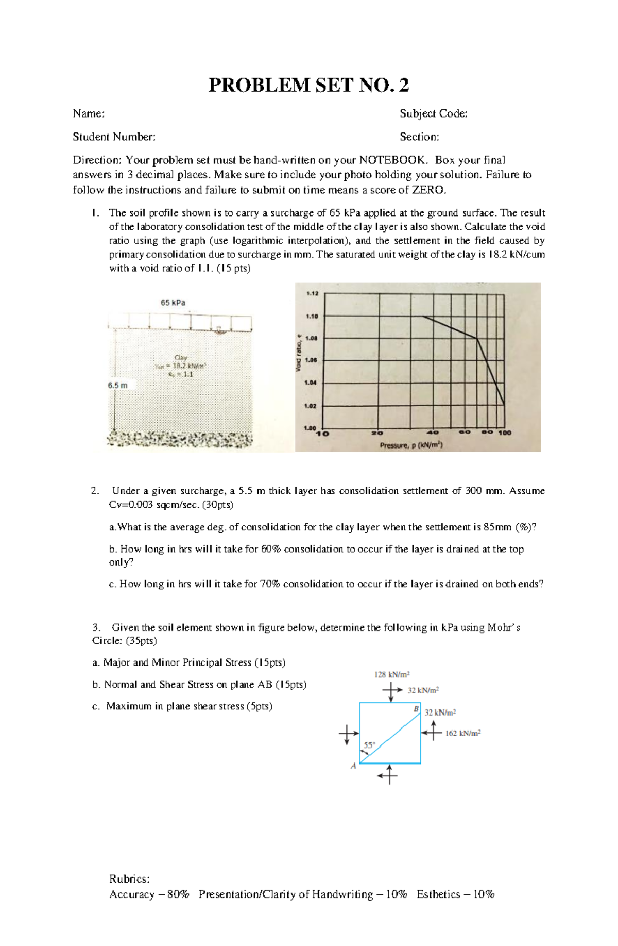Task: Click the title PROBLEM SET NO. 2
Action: point(308,85)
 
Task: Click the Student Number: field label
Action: point(114,137)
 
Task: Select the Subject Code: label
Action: point(434,113)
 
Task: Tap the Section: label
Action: point(419,137)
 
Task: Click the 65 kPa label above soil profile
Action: point(173,303)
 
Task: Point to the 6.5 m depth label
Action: point(117,385)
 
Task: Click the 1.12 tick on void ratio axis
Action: point(312,293)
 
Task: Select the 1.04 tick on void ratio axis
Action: point(311,383)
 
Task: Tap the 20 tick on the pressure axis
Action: point(377,433)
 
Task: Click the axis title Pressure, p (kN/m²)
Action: point(411,445)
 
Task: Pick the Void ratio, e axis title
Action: point(298,353)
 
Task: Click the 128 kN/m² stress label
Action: point(391,674)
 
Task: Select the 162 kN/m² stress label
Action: point(462,733)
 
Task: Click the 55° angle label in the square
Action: point(369,745)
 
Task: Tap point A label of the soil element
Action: point(353,766)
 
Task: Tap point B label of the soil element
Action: point(416,709)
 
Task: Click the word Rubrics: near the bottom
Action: point(129,879)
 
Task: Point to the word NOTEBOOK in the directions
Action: point(392,160)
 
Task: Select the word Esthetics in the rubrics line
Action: point(438,894)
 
